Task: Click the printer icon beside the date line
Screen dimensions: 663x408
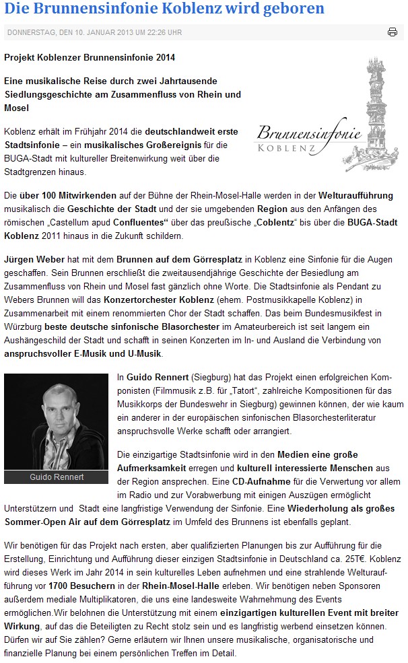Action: coord(393,32)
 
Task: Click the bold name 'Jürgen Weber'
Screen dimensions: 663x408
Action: coord(32,258)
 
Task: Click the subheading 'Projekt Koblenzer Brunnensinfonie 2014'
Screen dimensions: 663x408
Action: coord(90,58)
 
